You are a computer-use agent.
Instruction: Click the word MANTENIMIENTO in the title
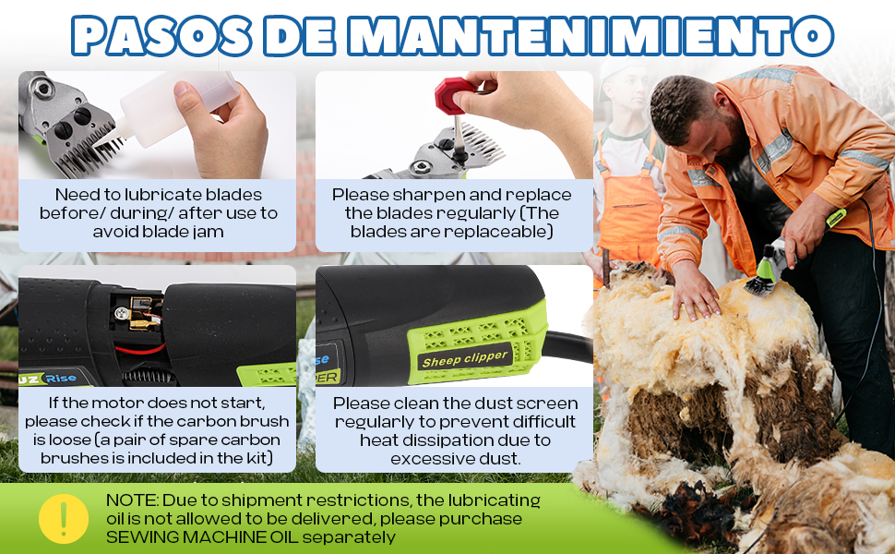point(591,36)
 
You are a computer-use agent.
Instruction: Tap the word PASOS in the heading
point(161,36)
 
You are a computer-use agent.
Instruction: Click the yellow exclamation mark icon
point(64,519)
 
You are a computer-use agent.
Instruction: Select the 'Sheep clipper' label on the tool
point(465,359)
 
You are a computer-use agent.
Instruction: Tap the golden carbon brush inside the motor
point(141,313)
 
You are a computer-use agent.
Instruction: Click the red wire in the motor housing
point(140,349)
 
